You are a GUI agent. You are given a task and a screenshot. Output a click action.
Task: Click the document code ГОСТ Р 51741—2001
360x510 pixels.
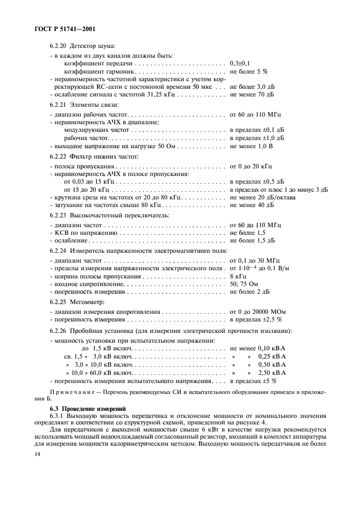point(56,28)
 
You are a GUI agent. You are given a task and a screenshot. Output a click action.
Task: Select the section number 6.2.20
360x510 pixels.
point(59,47)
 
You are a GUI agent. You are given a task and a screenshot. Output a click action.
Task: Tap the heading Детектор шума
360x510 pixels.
point(92,47)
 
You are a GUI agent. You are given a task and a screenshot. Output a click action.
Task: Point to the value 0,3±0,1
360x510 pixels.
point(241,64)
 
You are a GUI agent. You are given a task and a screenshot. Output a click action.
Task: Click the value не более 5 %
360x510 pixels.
point(249,71)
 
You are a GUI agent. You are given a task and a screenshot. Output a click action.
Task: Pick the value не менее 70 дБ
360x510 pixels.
point(252,94)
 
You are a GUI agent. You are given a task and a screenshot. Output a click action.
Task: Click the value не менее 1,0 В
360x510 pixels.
point(251,146)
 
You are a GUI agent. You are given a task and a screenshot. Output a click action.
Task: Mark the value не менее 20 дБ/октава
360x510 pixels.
point(263,197)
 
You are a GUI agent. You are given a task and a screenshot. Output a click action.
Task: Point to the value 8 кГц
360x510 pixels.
point(239,277)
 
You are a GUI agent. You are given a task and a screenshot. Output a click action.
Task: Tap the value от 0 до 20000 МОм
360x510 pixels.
point(258,312)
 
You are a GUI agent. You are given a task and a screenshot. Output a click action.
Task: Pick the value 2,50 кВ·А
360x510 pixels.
point(272,372)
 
